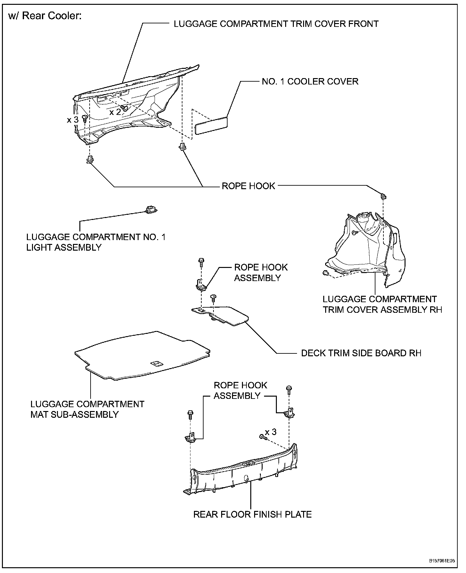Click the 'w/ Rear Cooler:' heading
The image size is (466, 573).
pos(45,16)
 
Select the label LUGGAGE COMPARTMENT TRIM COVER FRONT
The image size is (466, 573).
pos(276,24)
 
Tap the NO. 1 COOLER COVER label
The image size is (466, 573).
pos(310,81)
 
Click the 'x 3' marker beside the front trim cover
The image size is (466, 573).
pos(73,120)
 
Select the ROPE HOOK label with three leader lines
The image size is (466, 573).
pos(248,186)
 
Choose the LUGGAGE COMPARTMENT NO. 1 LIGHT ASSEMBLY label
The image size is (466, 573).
pos(96,242)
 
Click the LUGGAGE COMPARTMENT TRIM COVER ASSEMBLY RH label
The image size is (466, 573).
pos(382,304)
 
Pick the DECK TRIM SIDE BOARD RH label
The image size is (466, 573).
pos(361,353)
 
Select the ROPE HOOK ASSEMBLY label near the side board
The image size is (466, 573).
pos(261,272)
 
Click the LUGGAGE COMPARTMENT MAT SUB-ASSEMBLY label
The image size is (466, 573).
pos(87,409)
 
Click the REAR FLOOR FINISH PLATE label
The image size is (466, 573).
pos(253,514)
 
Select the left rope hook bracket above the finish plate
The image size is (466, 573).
pos(190,438)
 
